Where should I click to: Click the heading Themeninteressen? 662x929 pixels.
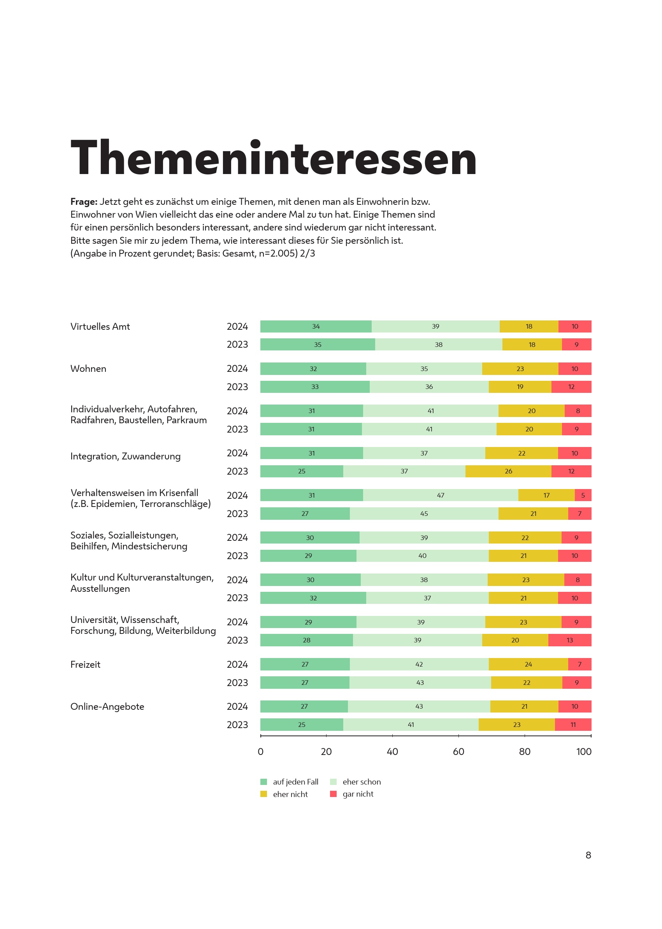coord(274,158)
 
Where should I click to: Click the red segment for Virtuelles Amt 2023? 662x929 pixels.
coord(576,345)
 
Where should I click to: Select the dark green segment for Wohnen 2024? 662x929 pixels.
coord(313,369)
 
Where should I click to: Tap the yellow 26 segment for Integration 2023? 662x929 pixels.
coord(508,471)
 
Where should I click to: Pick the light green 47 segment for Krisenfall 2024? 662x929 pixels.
coord(440,495)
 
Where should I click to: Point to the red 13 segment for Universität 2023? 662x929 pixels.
coord(569,640)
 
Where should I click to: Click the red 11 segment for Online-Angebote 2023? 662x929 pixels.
coord(573,725)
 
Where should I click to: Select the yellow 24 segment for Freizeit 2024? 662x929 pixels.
coord(528,664)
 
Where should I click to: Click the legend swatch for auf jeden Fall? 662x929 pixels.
coord(264,782)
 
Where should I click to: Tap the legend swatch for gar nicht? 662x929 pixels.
coord(334,794)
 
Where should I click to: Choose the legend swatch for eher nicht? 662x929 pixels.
coord(264,794)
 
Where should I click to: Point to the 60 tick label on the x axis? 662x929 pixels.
coord(458,751)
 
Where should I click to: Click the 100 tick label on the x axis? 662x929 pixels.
coord(584,751)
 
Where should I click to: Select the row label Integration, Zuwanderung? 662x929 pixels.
coord(126,456)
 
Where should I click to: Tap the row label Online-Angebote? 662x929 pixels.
coord(107,707)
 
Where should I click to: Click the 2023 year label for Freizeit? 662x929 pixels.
coord(237,683)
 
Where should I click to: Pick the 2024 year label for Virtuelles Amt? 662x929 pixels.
coord(237,327)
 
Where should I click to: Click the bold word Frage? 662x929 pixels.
coord(84,201)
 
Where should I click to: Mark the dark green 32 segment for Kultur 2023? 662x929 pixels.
coord(313,598)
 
